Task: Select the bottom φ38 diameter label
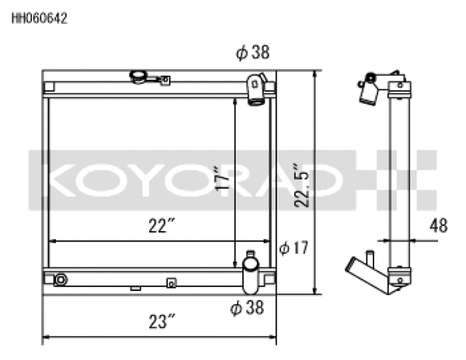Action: point(247,308)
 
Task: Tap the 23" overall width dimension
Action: point(161,320)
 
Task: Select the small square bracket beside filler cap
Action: point(164,78)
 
